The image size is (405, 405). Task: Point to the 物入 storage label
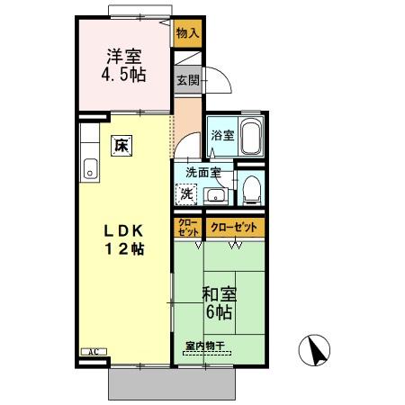tap(187, 34)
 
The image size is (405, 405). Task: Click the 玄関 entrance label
tap(186, 80)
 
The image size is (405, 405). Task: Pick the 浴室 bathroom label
tap(222, 136)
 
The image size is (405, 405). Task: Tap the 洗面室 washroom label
tap(203, 171)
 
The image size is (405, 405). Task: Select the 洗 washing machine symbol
tap(186, 193)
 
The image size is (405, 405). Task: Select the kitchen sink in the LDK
tap(90, 166)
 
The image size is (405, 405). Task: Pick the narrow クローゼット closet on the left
tap(187, 227)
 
